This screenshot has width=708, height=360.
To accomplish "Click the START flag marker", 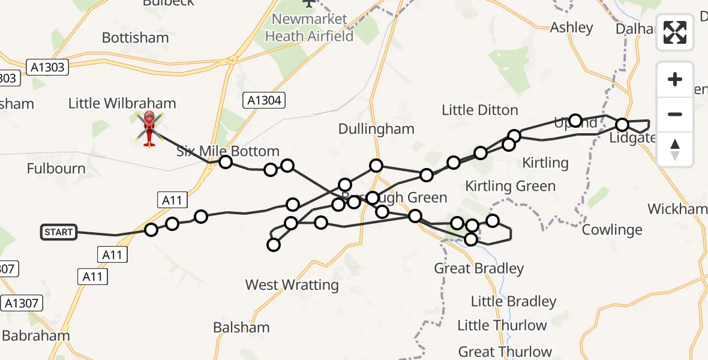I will tap(59, 232).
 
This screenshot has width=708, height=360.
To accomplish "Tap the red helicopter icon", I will tap(149, 127).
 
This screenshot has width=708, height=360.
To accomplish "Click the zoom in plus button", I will tap(675, 79).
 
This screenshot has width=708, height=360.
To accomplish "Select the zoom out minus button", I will tap(675, 114).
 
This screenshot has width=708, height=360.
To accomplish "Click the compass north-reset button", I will tap(675, 149).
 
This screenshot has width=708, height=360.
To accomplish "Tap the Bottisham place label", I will tap(135, 38).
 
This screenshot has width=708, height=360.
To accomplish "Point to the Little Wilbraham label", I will tap(122, 103).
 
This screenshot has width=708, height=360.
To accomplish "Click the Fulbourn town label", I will tap(56, 169).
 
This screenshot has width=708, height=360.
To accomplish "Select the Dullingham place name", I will tap(376, 129).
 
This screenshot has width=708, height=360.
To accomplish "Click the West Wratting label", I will tap(292, 284).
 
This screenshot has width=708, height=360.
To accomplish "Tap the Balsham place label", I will tap(241, 328).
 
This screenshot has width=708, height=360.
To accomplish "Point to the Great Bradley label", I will tap(479, 268).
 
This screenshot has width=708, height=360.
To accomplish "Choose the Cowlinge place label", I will tap(612, 230).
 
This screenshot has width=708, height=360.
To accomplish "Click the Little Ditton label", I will tap(479, 110).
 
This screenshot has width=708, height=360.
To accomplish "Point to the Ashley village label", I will tap(572, 27).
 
